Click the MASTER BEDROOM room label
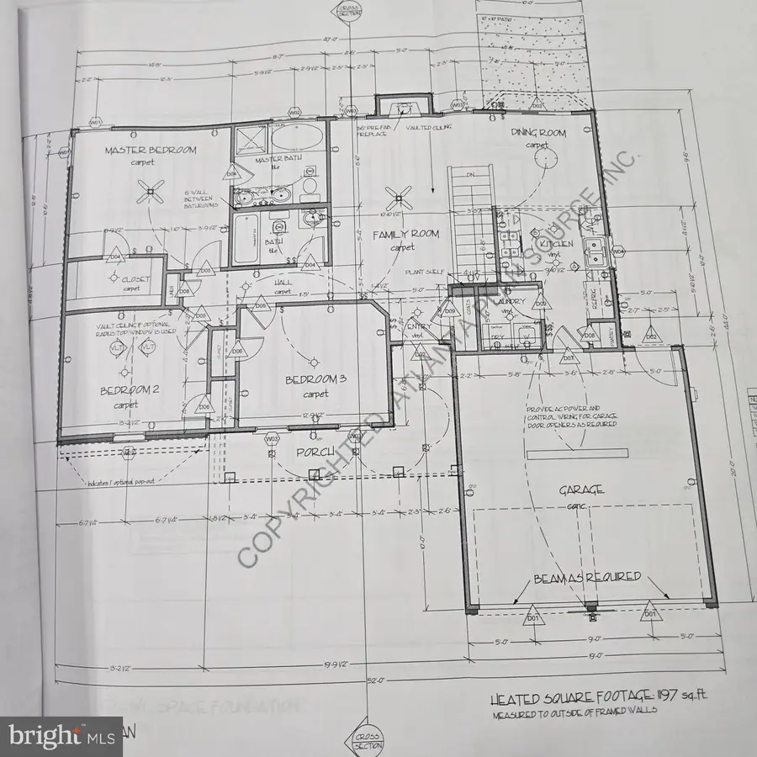(151, 151)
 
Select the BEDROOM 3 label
(315, 380)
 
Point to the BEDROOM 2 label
(130, 390)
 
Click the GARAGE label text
(583, 490)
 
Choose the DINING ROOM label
(538, 133)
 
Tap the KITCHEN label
(557, 244)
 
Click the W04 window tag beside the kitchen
(618, 251)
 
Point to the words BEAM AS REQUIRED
(586, 578)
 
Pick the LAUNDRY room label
(511, 301)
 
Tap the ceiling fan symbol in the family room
(398, 199)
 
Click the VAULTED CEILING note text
(429, 127)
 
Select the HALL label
(283, 282)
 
